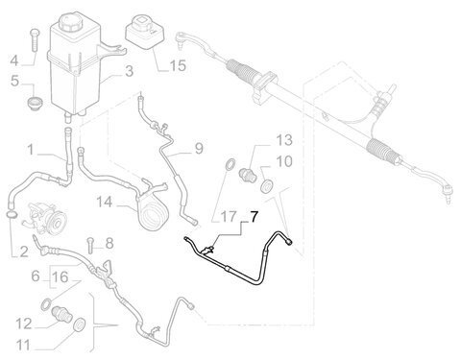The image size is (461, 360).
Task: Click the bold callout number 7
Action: (x=254, y=217)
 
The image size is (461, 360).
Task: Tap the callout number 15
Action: (x=178, y=65)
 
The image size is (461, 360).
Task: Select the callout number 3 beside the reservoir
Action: (x=129, y=71)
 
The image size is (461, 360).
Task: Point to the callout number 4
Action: (x=14, y=60)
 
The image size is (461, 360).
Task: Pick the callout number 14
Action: (x=105, y=203)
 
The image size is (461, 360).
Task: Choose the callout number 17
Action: (x=229, y=217)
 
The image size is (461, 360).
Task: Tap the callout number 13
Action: (x=284, y=140)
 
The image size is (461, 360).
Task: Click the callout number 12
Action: (x=23, y=324)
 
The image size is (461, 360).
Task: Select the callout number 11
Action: (x=23, y=346)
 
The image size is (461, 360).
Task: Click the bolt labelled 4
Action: (x=35, y=39)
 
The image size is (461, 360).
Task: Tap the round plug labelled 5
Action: (x=33, y=105)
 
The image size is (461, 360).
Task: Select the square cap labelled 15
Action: (x=144, y=32)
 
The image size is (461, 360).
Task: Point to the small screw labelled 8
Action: (x=90, y=245)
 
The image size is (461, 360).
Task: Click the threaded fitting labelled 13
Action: (x=247, y=175)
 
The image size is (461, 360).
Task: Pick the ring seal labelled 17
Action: (x=230, y=163)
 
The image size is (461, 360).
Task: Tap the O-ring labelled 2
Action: (x=12, y=214)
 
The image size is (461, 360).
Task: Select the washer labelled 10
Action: (x=266, y=186)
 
